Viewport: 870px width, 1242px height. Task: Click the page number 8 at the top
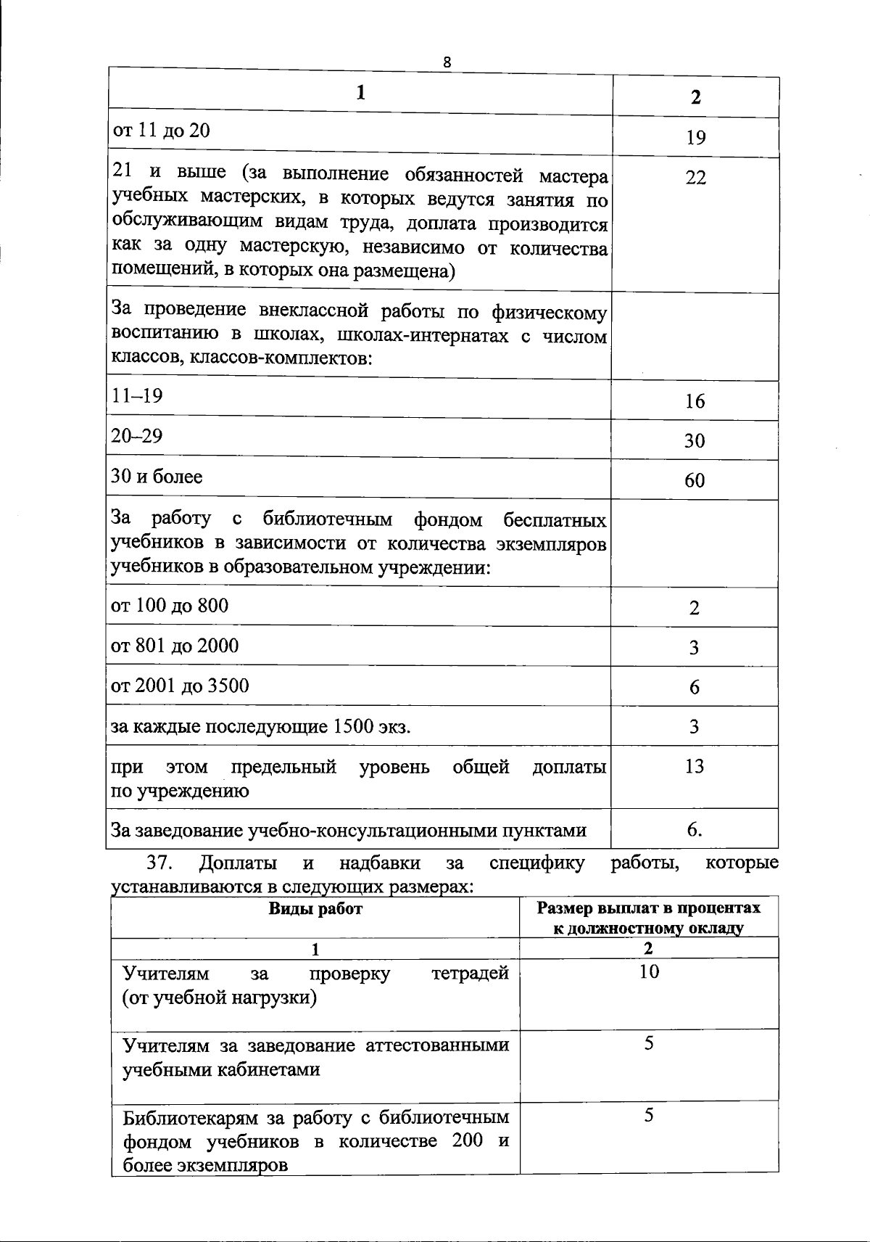tap(447, 62)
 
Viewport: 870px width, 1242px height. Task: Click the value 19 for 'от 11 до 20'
tap(695, 138)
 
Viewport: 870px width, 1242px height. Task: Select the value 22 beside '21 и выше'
tap(695, 178)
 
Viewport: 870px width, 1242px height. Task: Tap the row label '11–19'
tap(137, 396)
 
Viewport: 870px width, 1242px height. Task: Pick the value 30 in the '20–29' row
tap(695, 441)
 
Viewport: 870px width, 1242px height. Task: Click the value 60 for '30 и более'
tap(695, 480)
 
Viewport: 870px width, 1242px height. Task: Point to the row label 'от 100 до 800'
tap(169, 606)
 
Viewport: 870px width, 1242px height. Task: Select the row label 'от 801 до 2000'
tap(174, 646)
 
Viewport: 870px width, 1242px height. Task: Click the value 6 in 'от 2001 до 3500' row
tap(695, 688)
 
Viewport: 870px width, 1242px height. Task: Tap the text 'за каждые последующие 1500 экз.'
tap(260, 726)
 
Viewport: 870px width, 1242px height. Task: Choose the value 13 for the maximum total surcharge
tap(695, 767)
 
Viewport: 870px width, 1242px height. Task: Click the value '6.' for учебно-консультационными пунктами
tap(695, 830)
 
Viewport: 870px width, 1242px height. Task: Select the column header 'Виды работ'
tap(315, 909)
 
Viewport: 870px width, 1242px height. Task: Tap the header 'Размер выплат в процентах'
tap(649, 909)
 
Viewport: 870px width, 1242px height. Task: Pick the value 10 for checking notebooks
tap(649, 972)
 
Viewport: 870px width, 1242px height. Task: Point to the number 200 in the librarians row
tap(467, 1141)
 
